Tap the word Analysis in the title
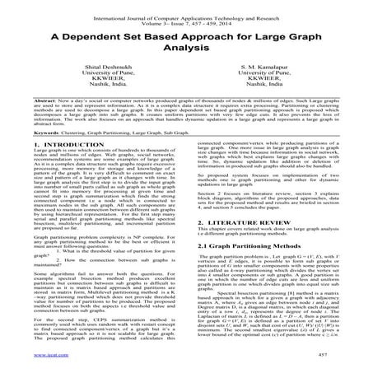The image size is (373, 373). pos(186,47)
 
